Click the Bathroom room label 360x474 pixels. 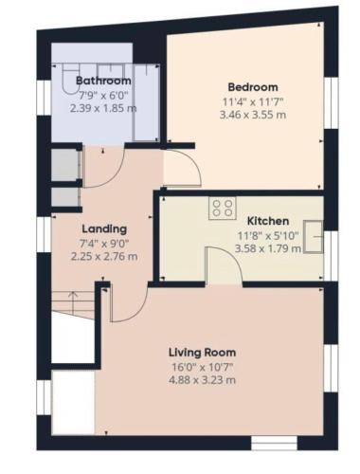point(103,81)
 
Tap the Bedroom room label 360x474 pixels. point(253,87)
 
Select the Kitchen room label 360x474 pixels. point(268,221)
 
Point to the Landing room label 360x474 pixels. point(104,229)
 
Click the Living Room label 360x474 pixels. point(202,353)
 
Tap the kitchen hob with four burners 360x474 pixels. point(223,209)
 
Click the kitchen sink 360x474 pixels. point(314,237)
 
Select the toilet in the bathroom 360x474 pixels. point(69,79)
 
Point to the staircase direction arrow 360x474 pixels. point(73,302)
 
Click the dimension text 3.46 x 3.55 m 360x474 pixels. point(253,115)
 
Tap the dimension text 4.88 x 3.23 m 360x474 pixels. point(202,379)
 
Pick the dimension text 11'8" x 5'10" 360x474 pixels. point(268,235)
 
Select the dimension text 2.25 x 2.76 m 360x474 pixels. point(104,256)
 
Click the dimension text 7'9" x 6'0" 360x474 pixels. point(103,95)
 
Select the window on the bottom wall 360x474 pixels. point(274,443)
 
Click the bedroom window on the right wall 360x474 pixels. point(331,103)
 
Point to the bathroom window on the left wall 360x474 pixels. point(45,98)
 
